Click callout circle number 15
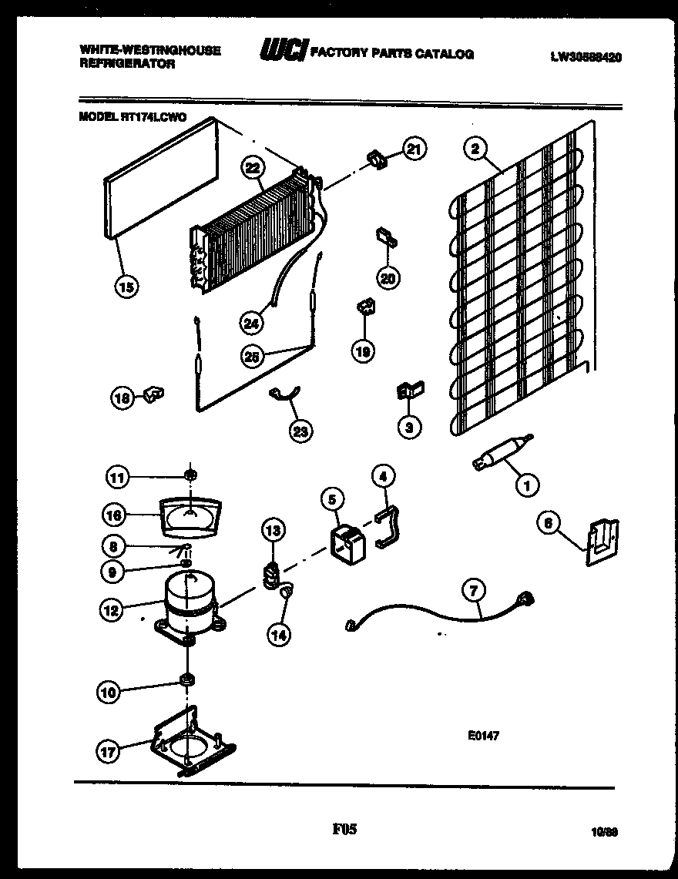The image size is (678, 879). [x=126, y=287]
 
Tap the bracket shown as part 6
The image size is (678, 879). [x=601, y=542]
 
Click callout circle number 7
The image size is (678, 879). [x=473, y=592]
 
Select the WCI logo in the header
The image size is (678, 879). [x=283, y=52]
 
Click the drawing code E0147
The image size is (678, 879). [x=483, y=736]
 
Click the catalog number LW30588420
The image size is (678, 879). [x=586, y=56]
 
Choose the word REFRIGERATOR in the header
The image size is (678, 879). [x=126, y=65]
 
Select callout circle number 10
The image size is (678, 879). [x=109, y=693]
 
